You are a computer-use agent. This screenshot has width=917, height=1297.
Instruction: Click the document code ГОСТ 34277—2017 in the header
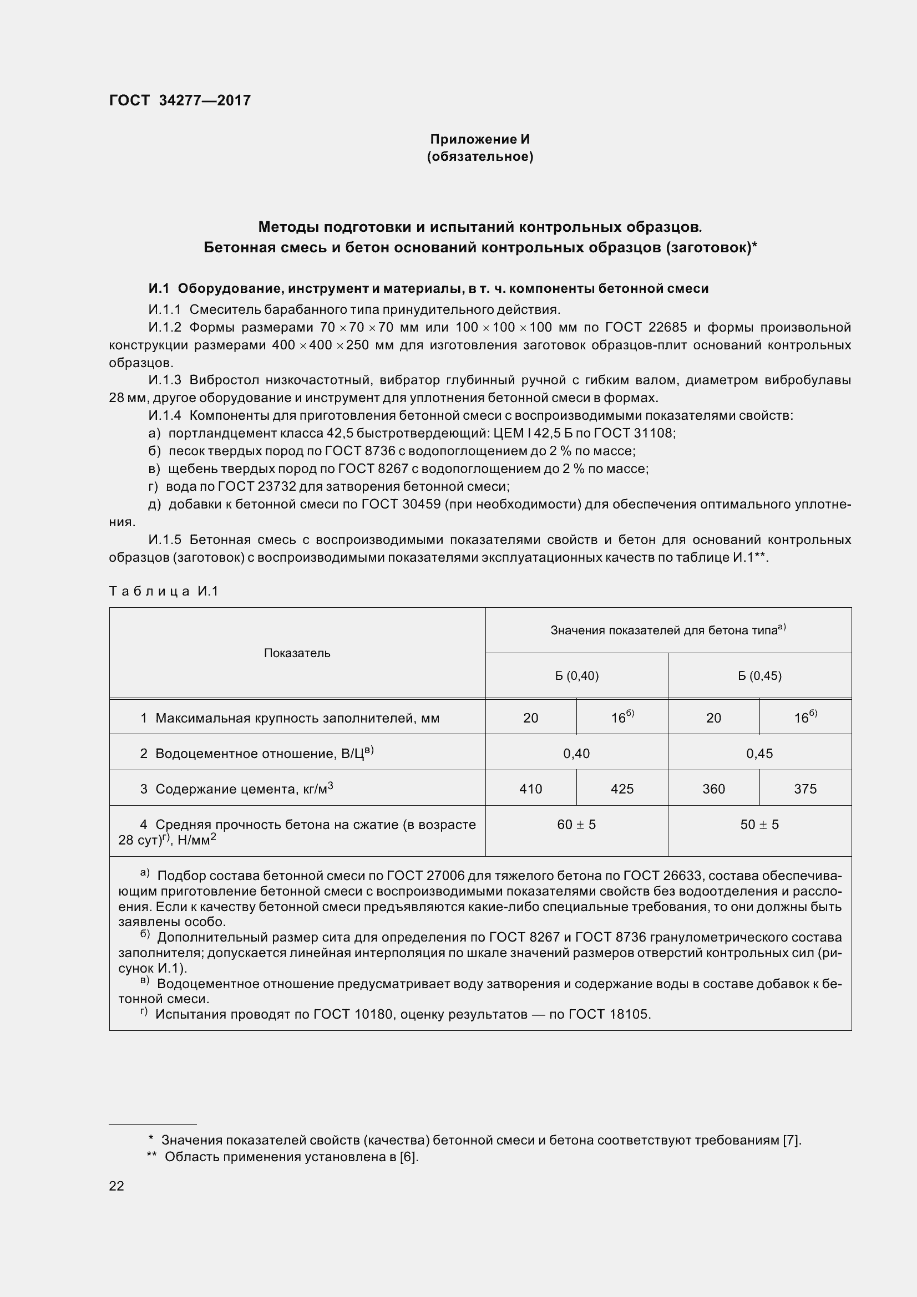point(180,100)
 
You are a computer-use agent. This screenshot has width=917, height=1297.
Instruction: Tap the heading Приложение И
point(480,139)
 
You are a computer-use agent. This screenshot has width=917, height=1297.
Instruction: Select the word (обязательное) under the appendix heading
point(480,156)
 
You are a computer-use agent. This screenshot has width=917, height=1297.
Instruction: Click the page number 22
point(116,1186)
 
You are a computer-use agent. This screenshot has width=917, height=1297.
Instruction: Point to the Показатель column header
point(297,653)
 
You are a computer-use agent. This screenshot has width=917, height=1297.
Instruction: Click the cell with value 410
point(530,789)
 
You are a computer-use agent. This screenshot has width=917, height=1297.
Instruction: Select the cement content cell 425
point(622,789)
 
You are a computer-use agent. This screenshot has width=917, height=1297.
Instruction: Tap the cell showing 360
point(713,789)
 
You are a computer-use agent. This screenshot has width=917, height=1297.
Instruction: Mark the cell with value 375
point(805,789)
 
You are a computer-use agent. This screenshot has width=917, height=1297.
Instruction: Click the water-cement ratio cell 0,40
point(576,753)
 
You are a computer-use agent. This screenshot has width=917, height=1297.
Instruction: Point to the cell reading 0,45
point(759,753)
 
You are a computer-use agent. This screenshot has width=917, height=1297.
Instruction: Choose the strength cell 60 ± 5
point(576,825)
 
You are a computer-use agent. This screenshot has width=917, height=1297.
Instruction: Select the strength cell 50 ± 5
point(759,825)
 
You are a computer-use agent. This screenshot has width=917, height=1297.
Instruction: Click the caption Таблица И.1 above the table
point(164,592)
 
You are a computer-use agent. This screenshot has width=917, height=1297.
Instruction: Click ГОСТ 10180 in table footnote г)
point(362,1014)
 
